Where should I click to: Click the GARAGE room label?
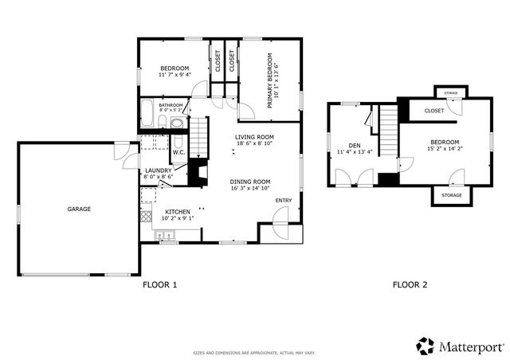79,209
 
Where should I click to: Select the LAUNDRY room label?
157,170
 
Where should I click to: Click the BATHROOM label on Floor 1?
171,105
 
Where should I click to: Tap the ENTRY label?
282,200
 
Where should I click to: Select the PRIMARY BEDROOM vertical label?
270,80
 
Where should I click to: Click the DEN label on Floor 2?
355,146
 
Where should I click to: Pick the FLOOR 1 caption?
159,284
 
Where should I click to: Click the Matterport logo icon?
425,346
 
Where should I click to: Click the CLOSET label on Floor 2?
433,111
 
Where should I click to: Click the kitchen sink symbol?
166,235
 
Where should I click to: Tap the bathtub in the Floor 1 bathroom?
149,115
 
